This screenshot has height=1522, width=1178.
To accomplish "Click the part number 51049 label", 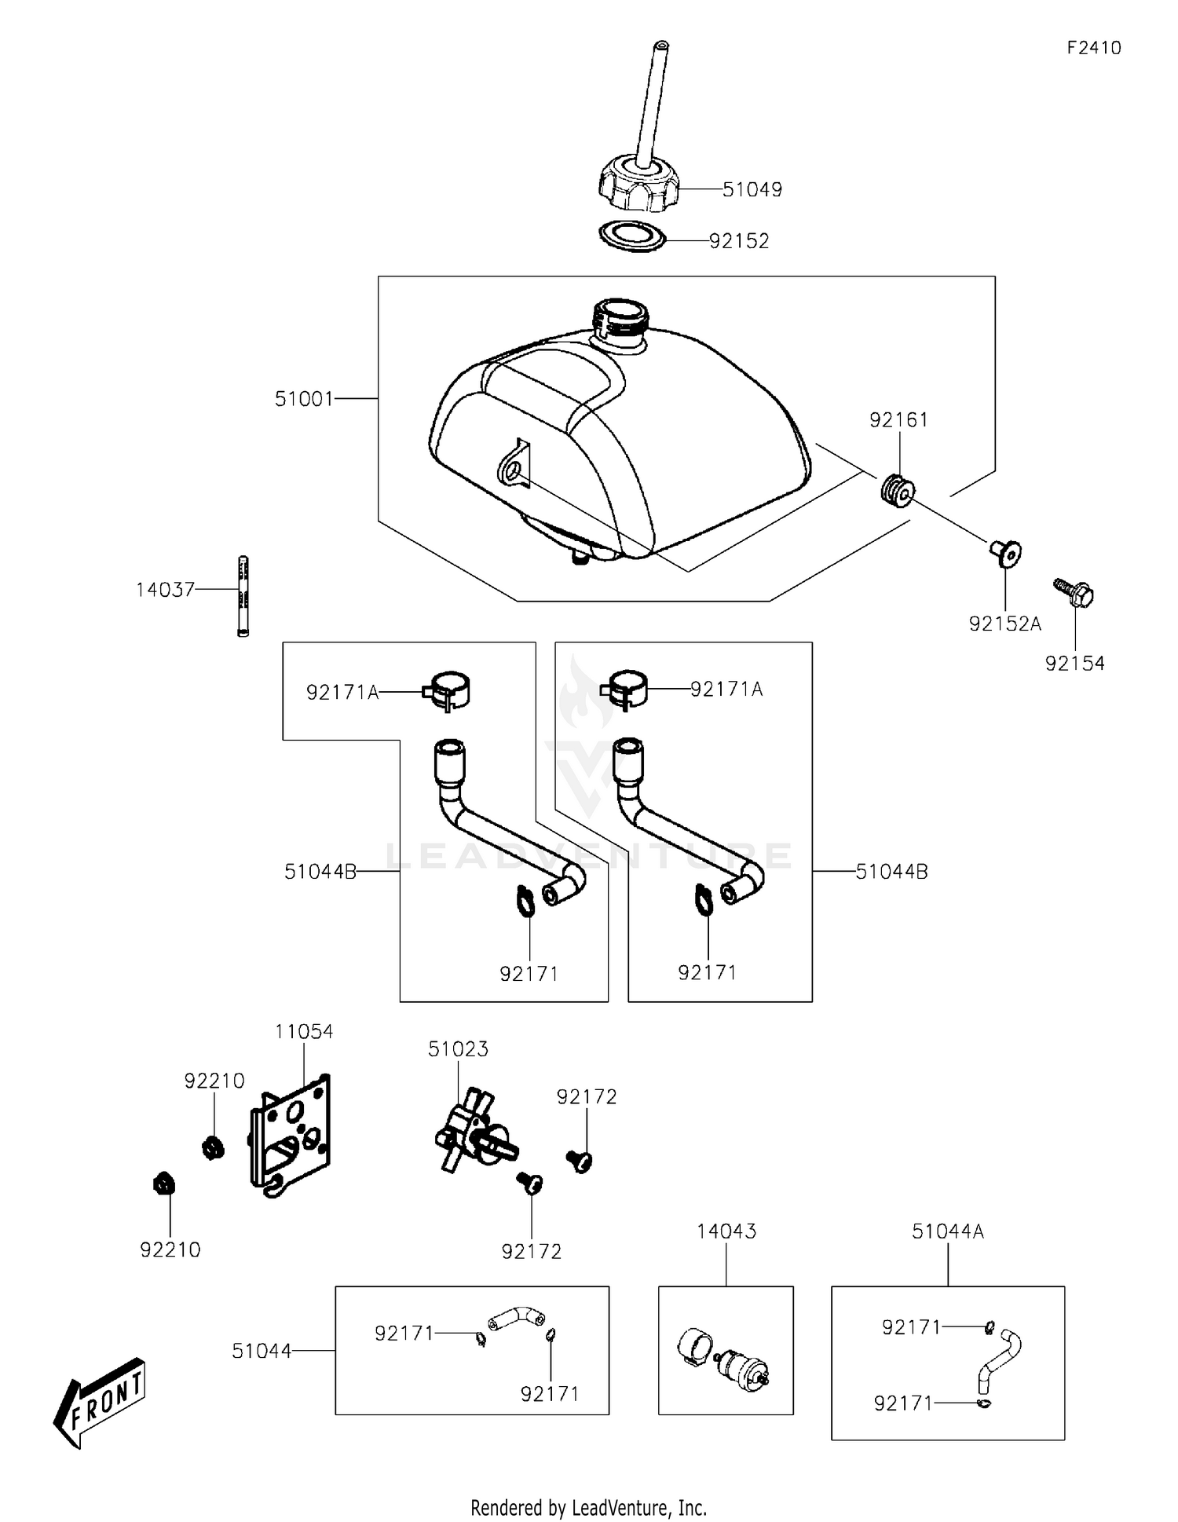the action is point(752,189).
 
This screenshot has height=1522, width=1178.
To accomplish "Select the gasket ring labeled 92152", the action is point(632,236).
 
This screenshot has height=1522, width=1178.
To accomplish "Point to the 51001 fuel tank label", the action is point(304,399).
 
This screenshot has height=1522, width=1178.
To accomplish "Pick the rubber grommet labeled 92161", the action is point(896,491).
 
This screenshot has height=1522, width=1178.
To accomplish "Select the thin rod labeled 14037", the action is point(243,596).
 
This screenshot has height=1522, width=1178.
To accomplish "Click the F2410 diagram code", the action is point(1094,48).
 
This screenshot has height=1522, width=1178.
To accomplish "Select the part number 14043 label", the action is point(726,1231).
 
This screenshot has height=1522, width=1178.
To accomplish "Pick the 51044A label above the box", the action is point(948,1231).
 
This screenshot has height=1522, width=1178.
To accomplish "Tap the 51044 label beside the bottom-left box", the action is point(262,1351).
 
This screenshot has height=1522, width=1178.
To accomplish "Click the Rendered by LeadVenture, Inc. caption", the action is point(589,1507).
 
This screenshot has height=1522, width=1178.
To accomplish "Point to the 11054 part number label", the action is point(304,1032).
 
